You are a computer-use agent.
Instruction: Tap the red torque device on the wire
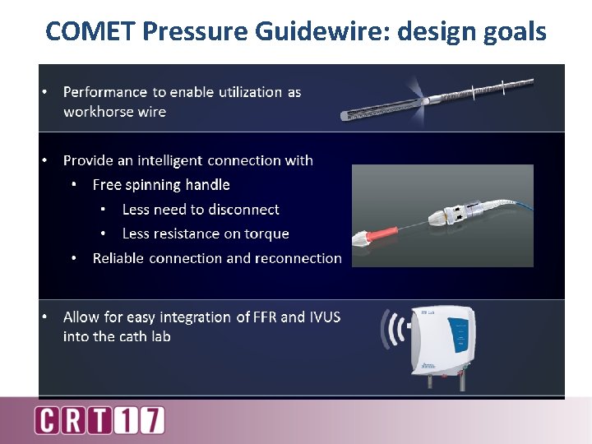(374, 239)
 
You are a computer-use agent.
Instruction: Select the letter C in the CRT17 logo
(49, 420)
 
